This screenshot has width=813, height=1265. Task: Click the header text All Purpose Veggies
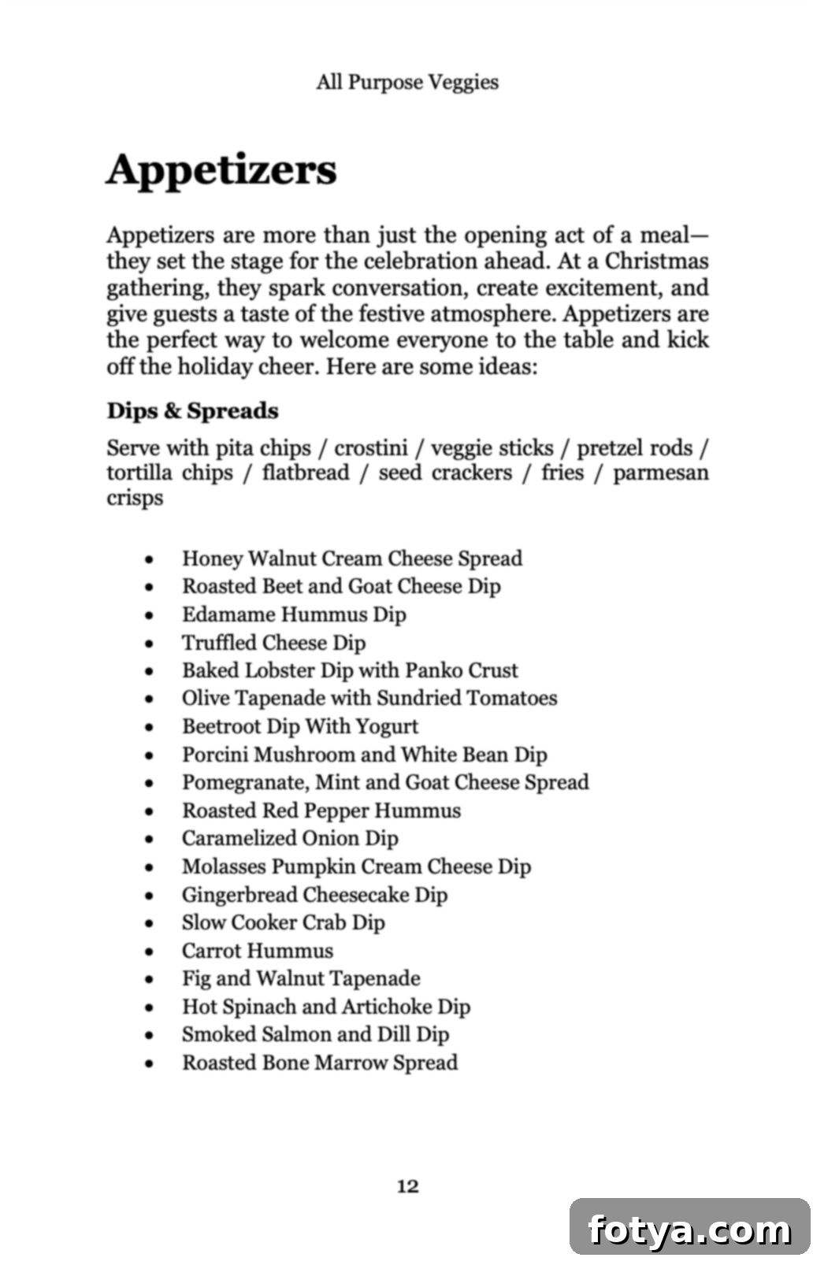click(x=406, y=82)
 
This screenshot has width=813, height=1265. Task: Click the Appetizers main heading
click(x=221, y=169)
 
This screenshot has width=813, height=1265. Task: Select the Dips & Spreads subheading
click(x=192, y=410)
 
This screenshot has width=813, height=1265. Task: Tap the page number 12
click(x=407, y=1186)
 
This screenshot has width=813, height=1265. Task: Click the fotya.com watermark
click(x=689, y=1229)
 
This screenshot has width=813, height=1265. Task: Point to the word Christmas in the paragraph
click(x=656, y=261)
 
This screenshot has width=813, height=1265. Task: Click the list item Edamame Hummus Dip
click(x=294, y=614)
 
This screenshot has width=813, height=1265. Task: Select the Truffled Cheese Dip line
click(x=273, y=643)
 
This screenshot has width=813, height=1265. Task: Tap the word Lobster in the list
click(x=280, y=670)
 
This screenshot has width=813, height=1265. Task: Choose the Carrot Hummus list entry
click(x=258, y=951)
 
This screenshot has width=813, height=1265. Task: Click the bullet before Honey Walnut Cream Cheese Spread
click(x=150, y=560)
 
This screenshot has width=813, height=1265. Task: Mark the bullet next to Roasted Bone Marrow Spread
click(x=150, y=1064)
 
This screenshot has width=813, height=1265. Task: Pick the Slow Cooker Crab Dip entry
click(x=283, y=922)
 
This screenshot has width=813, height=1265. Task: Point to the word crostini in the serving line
click(x=370, y=448)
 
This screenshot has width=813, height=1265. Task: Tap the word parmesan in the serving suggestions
click(x=660, y=473)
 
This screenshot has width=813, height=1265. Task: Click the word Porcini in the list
click(x=213, y=755)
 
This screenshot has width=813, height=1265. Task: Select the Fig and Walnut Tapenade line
click(x=301, y=978)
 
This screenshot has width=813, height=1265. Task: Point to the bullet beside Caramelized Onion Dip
click(x=150, y=840)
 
